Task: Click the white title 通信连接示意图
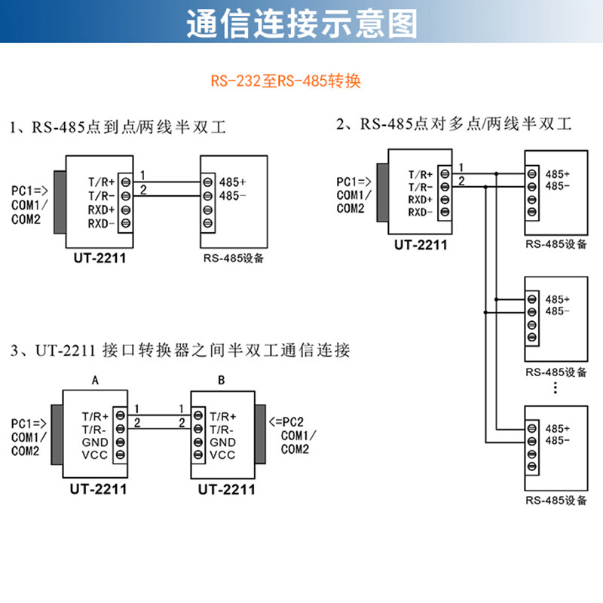click(x=301, y=23)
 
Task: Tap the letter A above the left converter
click(x=95, y=381)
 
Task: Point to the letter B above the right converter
click(x=221, y=381)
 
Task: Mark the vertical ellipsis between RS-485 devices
click(x=555, y=387)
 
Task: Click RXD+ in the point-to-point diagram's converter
click(x=101, y=210)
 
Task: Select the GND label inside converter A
click(x=96, y=442)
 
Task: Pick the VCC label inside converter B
click(x=222, y=455)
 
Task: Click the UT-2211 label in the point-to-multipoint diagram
click(x=421, y=244)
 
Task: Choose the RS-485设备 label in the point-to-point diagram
click(x=234, y=259)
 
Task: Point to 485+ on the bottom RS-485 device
click(x=557, y=427)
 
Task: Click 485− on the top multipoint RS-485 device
click(x=557, y=186)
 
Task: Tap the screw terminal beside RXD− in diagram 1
click(x=126, y=224)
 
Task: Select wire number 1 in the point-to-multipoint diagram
click(x=461, y=167)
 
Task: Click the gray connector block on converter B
click(x=261, y=433)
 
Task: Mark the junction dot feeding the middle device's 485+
click(x=496, y=298)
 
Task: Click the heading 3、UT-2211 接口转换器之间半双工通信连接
click(x=181, y=350)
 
